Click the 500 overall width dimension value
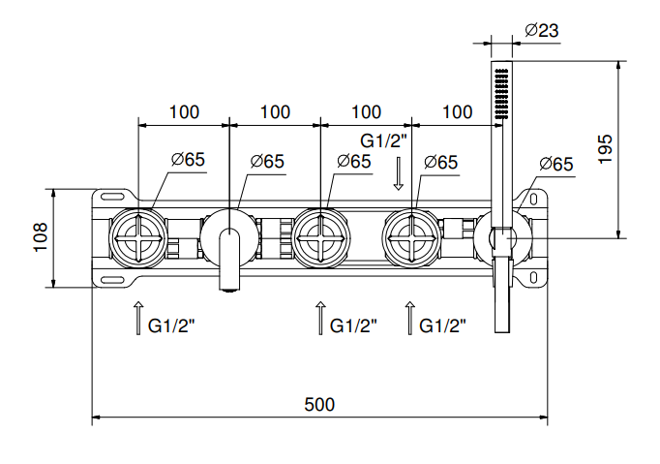(x=319, y=404)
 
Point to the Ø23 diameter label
(x=541, y=30)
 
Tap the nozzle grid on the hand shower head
(x=501, y=92)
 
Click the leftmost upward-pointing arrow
(x=137, y=318)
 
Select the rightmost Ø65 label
(x=555, y=164)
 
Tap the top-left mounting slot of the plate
(x=114, y=195)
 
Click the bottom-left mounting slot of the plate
(x=114, y=281)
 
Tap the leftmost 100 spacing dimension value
(x=184, y=112)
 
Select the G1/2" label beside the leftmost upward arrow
(x=171, y=326)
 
